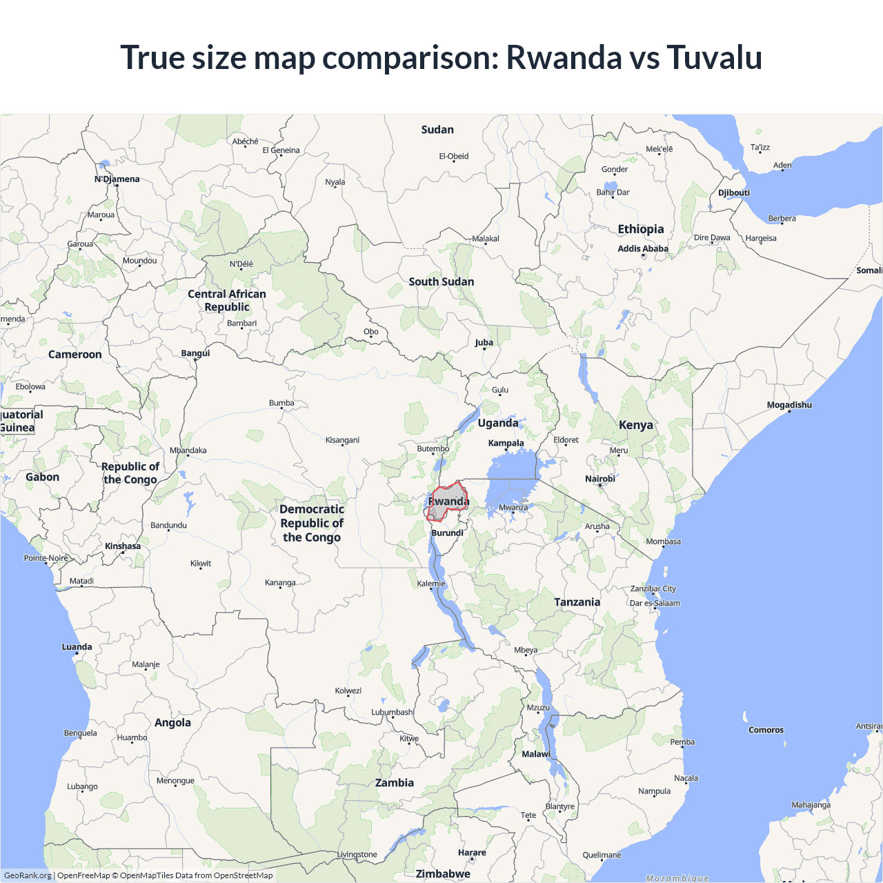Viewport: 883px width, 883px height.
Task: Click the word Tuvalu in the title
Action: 714,57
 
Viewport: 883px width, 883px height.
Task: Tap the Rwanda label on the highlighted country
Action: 449,502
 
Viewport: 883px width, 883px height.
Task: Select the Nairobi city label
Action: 600,479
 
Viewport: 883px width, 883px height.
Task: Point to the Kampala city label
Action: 506,443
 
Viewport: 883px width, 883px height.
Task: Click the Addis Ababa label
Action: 643,248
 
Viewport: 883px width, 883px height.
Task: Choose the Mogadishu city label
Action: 789,405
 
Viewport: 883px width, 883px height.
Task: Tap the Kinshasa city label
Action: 123,546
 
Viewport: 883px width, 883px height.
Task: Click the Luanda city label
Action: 77,647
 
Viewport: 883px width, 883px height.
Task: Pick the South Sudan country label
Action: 441,281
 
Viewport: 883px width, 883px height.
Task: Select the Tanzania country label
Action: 577,602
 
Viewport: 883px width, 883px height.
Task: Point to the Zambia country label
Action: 395,783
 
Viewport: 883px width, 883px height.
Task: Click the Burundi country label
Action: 448,533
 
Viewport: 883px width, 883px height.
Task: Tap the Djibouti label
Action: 734,192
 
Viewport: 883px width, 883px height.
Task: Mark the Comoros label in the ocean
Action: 766,730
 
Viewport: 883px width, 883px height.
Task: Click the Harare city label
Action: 472,853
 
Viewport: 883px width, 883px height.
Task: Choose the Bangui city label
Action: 195,353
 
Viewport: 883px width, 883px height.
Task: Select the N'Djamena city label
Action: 117,179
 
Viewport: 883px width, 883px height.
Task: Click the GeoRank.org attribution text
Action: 28,875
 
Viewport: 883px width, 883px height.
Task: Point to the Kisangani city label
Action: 342,440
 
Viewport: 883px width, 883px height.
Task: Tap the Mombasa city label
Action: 664,542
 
